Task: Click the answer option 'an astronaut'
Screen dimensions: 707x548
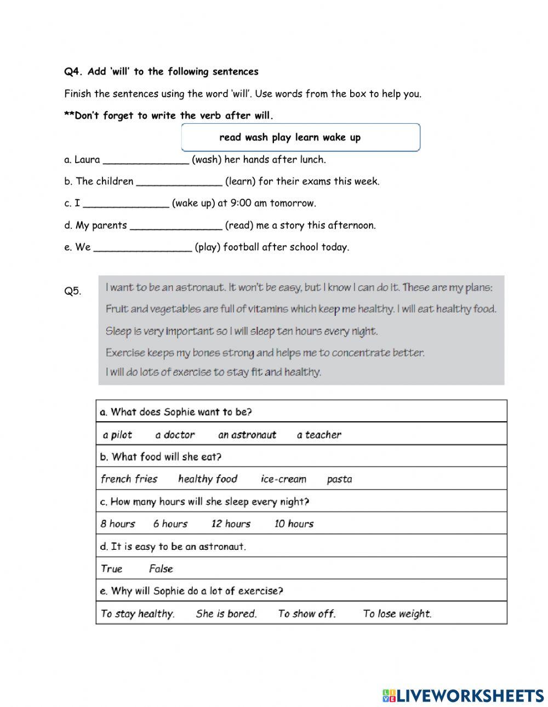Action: point(247,435)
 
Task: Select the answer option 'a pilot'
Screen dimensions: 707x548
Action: point(117,435)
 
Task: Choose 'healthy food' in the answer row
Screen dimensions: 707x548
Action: point(208,479)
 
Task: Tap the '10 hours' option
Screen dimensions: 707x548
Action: point(294,524)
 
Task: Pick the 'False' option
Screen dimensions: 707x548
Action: point(161,568)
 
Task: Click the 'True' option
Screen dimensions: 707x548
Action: point(111,568)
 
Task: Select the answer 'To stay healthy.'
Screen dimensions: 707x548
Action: point(138,613)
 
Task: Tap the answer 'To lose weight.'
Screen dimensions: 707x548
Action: point(397,613)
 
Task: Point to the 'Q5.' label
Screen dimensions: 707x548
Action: point(72,291)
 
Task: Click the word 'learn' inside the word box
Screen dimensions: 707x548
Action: point(307,137)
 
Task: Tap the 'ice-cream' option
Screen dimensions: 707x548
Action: point(283,479)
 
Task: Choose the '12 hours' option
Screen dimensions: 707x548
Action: point(231,524)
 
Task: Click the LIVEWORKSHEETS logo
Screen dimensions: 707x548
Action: point(463,695)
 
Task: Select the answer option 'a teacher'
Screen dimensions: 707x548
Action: point(319,435)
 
